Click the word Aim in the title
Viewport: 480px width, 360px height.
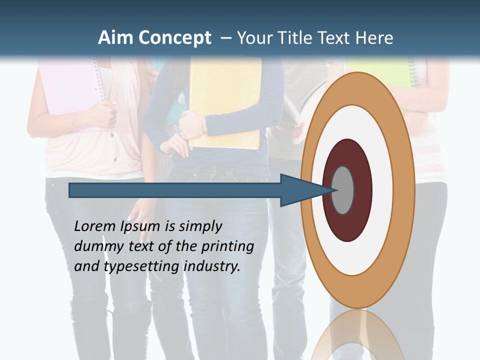(x=116, y=38)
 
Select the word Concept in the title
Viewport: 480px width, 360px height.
(x=175, y=38)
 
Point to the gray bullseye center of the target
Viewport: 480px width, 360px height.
(x=343, y=190)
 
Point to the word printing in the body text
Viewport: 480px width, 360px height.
(x=227, y=246)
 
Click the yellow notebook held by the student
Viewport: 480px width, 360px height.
(x=225, y=100)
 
